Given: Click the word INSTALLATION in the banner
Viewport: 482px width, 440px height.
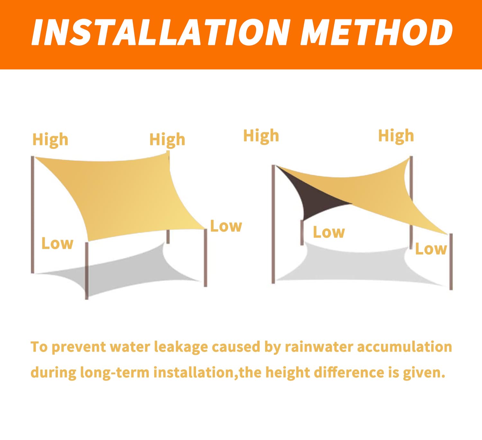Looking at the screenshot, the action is [160, 32].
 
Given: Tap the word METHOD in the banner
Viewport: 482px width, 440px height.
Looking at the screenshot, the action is [377, 32].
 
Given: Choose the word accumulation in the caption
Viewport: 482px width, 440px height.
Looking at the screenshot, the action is [404, 347].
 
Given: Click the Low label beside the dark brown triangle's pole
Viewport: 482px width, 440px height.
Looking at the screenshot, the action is [329, 232].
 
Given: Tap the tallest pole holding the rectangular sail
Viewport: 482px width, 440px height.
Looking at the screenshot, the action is [32, 215].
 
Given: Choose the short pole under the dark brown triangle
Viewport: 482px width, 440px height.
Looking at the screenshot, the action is [302, 232].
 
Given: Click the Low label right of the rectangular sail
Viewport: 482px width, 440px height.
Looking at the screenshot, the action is [226, 226].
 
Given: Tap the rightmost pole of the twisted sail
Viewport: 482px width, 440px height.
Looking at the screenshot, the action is [451, 262].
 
